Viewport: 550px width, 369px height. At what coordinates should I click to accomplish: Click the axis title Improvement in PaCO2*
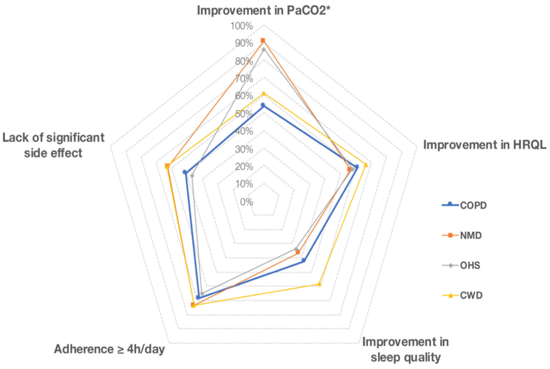[263, 11]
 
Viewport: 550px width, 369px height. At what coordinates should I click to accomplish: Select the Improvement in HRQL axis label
[484, 144]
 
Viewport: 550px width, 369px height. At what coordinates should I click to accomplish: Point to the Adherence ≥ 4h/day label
[110, 349]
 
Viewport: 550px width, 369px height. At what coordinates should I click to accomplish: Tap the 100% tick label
[241, 26]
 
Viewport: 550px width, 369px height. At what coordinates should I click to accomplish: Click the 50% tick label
[243, 114]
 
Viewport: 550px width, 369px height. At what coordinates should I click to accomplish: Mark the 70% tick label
[243, 79]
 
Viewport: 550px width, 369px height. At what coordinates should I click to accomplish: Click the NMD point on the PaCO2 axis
[263, 41]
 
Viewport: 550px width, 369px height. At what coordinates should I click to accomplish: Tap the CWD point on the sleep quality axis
[319, 284]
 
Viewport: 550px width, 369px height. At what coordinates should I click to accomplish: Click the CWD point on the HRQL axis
[366, 165]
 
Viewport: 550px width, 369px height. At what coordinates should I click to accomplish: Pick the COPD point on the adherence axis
[198, 297]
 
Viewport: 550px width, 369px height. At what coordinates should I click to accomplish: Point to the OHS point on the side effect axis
[192, 176]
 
